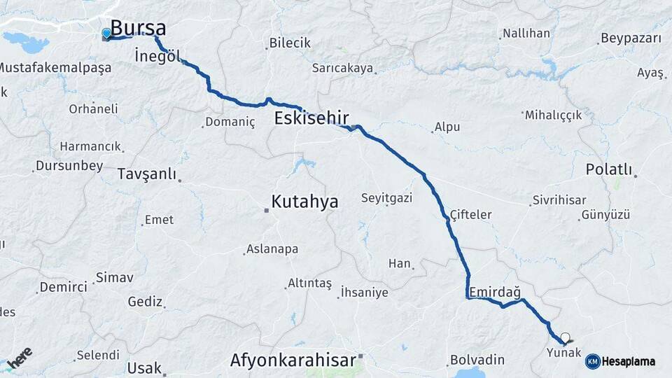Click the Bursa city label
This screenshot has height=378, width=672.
pyautogui.click(x=139, y=29)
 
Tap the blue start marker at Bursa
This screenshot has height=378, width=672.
pyautogui.click(x=106, y=33)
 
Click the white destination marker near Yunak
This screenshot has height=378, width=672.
pyautogui.click(x=565, y=337)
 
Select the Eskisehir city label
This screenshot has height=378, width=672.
pyautogui.click(x=311, y=117)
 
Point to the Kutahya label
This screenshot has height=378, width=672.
pyautogui.click(x=304, y=202)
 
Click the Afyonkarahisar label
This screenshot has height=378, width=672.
pyautogui.click(x=293, y=360)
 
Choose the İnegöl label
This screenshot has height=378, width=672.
pyautogui.click(x=157, y=55)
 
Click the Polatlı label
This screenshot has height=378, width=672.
pyautogui.click(x=609, y=169)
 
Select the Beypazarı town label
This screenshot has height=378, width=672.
pyautogui.click(x=631, y=38)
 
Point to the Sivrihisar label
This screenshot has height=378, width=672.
pyautogui.click(x=559, y=200)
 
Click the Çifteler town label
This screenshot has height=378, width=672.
pyautogui.click(x=470, y=215)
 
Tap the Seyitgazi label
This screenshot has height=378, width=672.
pyautogui.click(x=386, y=198)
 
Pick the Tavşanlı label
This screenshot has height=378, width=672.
pyautogui.click(x=147, y=174)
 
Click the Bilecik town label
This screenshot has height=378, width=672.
pyautogui.click(x=291, y=43)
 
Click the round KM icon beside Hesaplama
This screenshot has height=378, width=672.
pyautogui.click(x=593, y=361)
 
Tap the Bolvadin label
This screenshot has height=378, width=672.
pyautogui.click(x=477, y=360)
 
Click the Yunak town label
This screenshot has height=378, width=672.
pyautogui.click(x=564, y=353)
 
